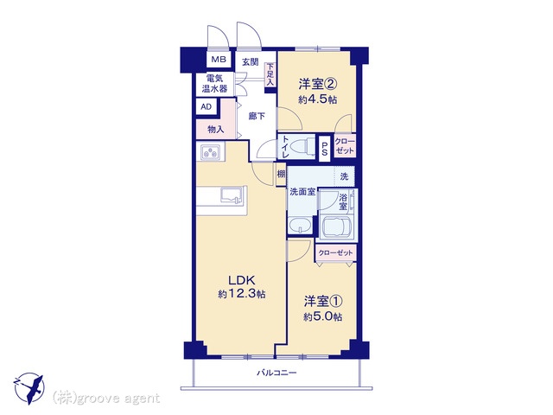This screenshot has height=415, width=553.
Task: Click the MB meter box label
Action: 219,60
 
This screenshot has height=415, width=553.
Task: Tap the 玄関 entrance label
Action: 250,62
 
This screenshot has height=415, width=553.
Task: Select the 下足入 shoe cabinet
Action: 270,74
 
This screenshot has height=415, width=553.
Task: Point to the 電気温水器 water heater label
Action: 214,83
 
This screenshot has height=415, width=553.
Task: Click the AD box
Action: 207,106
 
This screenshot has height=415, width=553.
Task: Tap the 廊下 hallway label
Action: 257,116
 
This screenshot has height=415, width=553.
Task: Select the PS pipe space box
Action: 325,149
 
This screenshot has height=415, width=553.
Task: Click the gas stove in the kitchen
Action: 211,152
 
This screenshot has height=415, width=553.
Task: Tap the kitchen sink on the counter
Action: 232,195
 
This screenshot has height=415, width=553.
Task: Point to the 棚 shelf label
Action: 281,174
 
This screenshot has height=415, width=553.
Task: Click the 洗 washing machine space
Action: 344,176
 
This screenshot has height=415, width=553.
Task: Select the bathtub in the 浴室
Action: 335,226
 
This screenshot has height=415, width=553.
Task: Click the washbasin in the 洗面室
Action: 300,225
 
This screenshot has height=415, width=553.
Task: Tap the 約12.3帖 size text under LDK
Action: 242,294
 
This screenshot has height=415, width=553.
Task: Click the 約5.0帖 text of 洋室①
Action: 323,316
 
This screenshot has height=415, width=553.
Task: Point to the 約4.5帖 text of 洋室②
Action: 317,99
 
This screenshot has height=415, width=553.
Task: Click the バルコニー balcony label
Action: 276,373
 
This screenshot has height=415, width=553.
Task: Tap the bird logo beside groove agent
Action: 29,388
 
